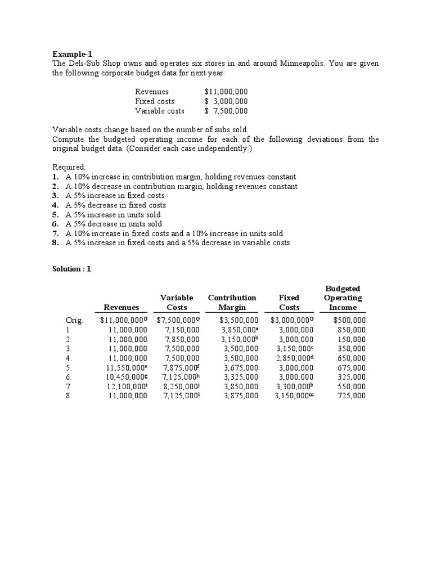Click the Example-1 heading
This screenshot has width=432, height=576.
[72, 54]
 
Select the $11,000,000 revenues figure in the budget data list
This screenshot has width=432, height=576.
[226, 92]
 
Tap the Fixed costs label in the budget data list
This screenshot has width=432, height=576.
[155, 101]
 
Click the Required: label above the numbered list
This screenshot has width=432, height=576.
[69, 168]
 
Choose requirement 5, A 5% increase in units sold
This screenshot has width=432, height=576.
[113, 214]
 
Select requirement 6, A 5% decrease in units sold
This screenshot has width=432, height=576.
[114, 224]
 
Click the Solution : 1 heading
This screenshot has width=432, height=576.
[71, 269]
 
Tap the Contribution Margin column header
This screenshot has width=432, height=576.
[232, 302]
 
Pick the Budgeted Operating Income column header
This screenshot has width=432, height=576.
[343, 298]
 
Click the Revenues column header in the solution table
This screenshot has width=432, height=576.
[121, 307]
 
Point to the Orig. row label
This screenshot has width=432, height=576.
[74, 320]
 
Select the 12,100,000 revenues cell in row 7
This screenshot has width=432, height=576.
[127, 386]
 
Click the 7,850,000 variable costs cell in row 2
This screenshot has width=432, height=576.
[182, 339]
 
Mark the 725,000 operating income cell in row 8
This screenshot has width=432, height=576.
[351, 396]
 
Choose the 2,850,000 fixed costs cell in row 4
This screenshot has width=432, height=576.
[295, 358]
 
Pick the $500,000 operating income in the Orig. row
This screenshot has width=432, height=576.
[349, 320]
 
